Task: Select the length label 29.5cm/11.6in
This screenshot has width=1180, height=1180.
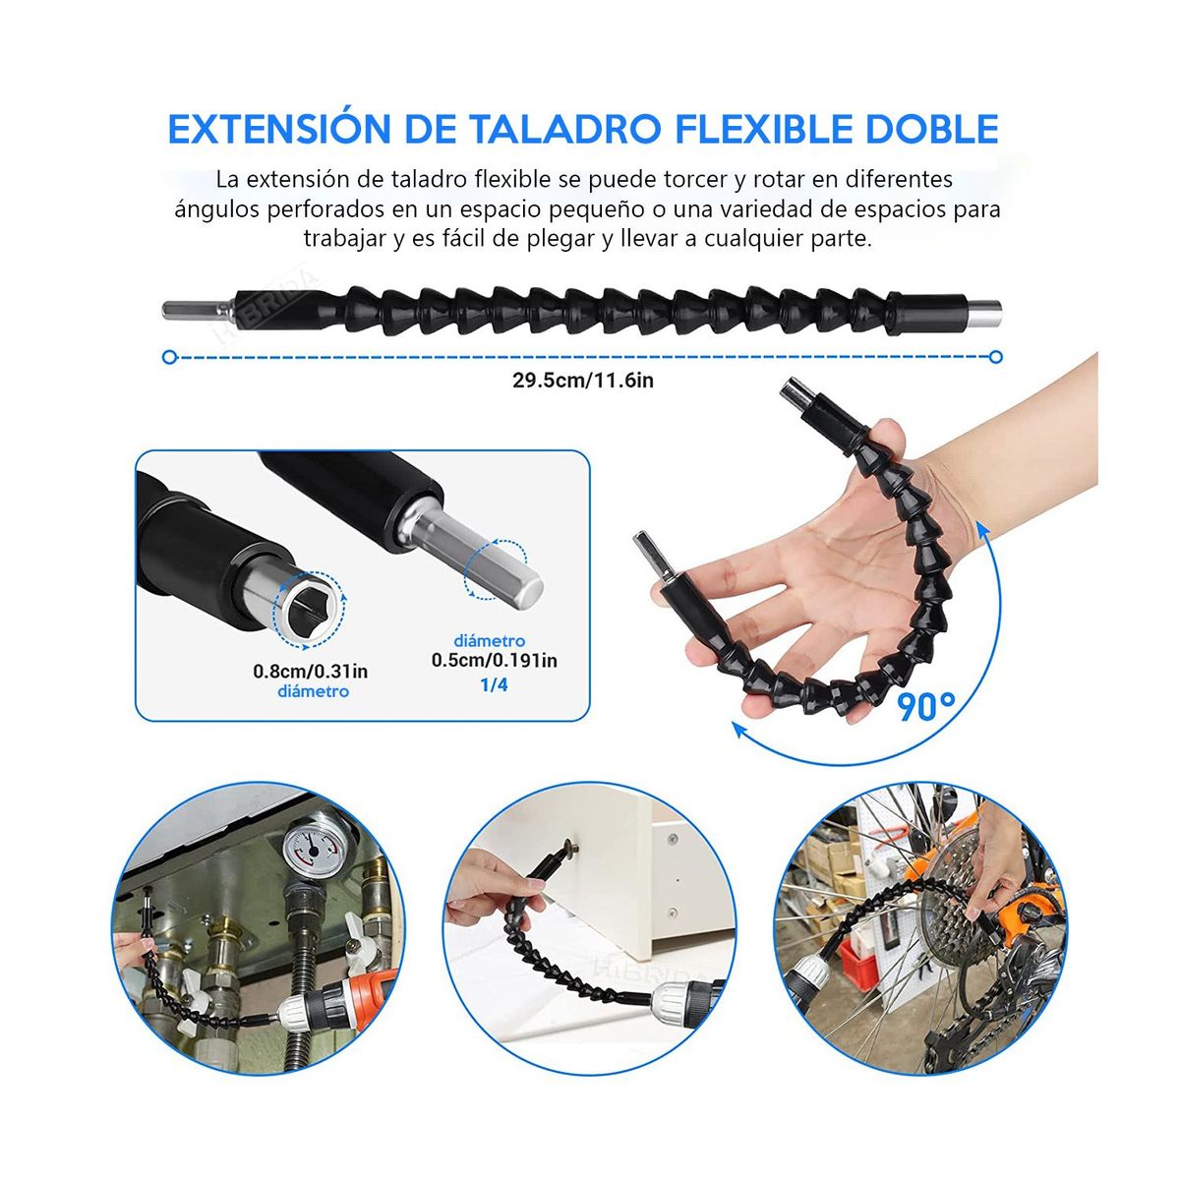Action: (x=582, y=381)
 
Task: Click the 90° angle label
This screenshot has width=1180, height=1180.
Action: (x=925, y=705)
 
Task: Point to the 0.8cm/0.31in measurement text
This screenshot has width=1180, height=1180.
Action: (x=311, y=672)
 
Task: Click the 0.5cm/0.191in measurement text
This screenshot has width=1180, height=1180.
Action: (x=495, y=661)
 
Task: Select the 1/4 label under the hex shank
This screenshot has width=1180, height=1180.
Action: (x=494, y=684)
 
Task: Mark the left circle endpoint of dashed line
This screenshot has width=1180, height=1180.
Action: (x=169, y=357)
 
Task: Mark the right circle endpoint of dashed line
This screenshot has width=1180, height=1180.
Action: (x=996, y=357)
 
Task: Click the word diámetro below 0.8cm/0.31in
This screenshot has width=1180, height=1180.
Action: (x=313, y=692)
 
